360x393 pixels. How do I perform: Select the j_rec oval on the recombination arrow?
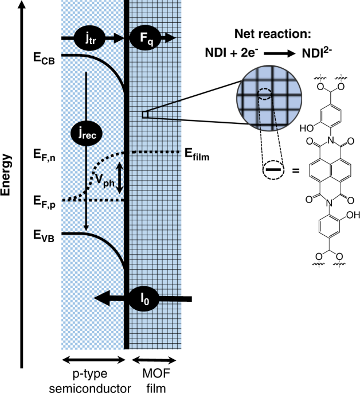(x=85, y=133)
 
